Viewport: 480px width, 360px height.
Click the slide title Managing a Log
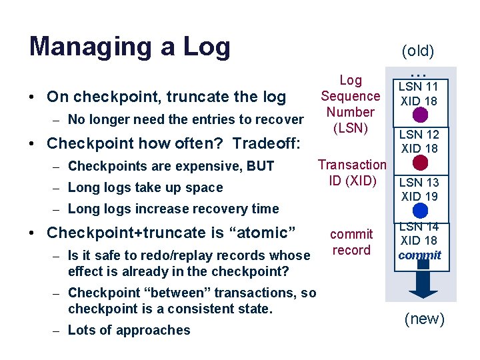pyautogui.click(x=130, y=47)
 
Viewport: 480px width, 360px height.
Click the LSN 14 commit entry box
pyautogui.click(x=419, y=240)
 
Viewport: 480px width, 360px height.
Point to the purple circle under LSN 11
pyautogui.click(x=420, y=115)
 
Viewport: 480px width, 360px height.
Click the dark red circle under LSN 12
pyautogui.click(x=420, y=163)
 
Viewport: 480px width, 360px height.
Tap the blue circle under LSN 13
pyautogui.click(x=420, y=211)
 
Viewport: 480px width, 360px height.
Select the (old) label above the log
pyautogui.click(x=418, y=51)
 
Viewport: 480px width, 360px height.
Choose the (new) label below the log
pyautogui.click(x=425, y=319)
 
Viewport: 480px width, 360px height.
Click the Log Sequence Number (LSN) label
pyautogui.click(x=351, y=104)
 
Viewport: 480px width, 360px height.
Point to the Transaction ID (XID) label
pyautogui.click(x=351, y=172)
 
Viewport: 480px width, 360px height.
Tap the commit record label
pyautogui.click(x=351, y=242)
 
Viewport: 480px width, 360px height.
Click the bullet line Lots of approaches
pyautogui.click(x=129, y=330)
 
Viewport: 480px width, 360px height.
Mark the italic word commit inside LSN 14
pyautogui.click(x=420, y=255)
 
